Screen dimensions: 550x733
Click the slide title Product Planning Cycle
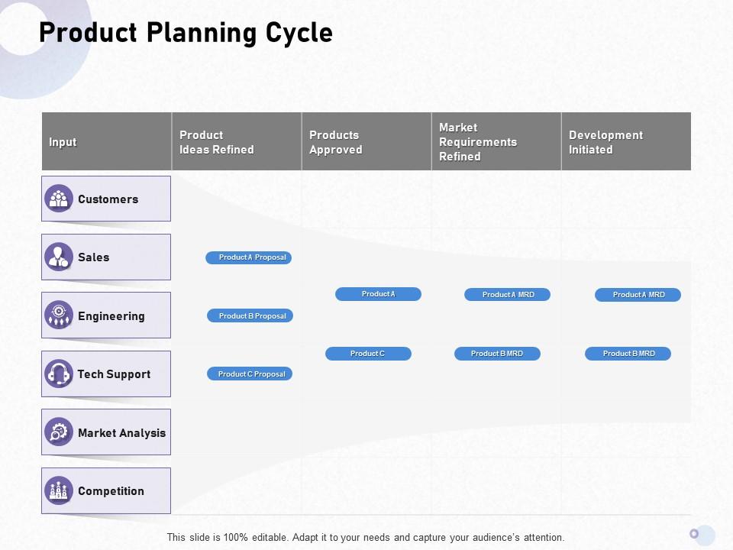pos(186,34)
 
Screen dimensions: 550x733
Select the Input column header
pos(63,142)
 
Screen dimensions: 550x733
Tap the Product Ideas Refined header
pos(217,142)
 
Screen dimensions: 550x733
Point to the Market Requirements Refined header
pos(478,142)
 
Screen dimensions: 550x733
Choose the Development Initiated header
pos(605,142)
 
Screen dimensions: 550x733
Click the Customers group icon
pos(59,199)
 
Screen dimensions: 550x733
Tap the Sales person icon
pos(59,257)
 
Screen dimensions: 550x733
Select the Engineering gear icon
pos(59,315)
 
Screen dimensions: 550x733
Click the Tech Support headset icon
pos(59,374)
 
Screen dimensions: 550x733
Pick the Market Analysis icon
pos(59,432)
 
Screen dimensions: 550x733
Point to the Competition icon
pos(59,490)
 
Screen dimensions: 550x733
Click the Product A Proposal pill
pos(249,257)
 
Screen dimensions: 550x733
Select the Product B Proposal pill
pos(250,315)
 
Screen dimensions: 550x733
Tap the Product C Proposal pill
pos(250,374)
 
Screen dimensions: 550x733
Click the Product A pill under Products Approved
pos(378,294)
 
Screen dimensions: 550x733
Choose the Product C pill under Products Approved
pos(368,354)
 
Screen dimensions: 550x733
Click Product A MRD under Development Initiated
pos(638,294)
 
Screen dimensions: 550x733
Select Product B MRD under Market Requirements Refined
pos(497,354)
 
